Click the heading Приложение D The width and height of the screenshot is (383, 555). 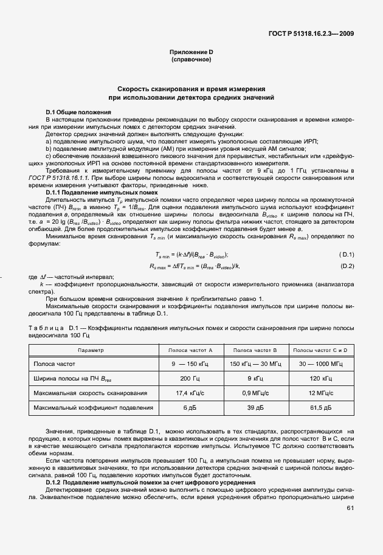(191, 53)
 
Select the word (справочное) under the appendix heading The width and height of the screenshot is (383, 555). (191, 60)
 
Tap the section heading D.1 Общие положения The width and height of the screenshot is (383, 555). (78, 112)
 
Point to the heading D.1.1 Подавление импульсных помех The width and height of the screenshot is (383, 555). (102, 192)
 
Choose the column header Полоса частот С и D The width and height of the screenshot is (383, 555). (320, 350)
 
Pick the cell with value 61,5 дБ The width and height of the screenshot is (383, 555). (320, 408)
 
